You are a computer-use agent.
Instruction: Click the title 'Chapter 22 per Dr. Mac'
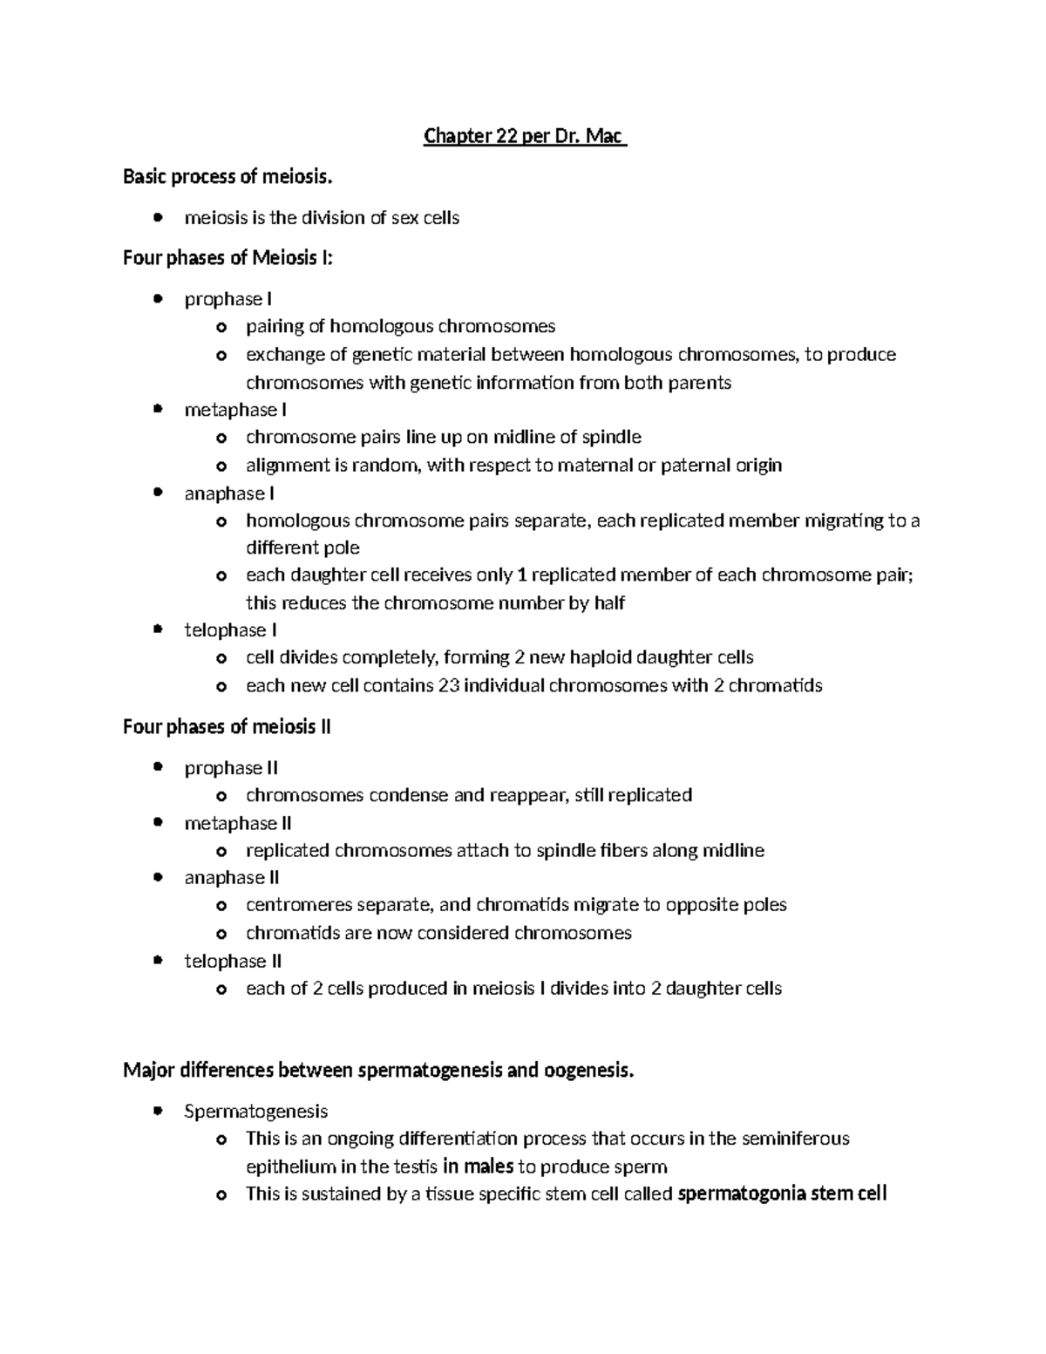click(525, 137)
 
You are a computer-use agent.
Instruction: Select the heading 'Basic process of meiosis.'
click(228, 178)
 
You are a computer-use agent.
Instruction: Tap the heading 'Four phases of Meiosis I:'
click(228, 258)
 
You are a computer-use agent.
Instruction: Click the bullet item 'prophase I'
click(228, 299)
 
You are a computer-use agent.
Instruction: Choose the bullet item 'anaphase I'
click(229, 493)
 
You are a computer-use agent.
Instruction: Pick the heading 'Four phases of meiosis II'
click(227, 727)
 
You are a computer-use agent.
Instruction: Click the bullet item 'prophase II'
click(231, 768)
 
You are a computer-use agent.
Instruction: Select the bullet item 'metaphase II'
click(238, 823)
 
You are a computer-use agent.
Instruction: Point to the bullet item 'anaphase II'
click(232, 878)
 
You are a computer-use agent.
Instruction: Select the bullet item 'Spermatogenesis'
click(256, 1112)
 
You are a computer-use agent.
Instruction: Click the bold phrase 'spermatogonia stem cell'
click(782, 1194)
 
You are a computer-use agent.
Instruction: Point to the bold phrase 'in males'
click(478, 1167)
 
